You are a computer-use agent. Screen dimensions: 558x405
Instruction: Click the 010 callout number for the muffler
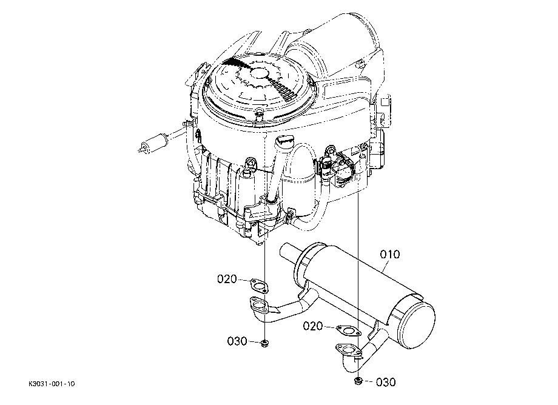point(390,254)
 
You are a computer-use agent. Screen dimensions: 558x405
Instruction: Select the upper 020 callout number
point(227,279)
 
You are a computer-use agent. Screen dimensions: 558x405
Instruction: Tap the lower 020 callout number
point(313,326)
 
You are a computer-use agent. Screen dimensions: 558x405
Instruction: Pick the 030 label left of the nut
point(237,341)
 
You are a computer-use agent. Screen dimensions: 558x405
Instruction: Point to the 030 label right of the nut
point(386,382)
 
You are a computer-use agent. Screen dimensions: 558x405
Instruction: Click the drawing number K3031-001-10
point(52,384)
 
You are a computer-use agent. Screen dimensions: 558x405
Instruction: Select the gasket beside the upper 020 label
point(259,285)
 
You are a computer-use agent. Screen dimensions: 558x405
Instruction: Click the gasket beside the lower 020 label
point(348,330)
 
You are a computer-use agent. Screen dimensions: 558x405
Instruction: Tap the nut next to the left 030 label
point(264,344)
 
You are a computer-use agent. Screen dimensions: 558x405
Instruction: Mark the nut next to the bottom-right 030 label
point(358,381)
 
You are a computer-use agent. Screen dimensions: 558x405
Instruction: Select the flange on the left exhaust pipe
point(259,305)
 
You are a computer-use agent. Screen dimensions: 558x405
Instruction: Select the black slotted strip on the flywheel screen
point(282,89)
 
